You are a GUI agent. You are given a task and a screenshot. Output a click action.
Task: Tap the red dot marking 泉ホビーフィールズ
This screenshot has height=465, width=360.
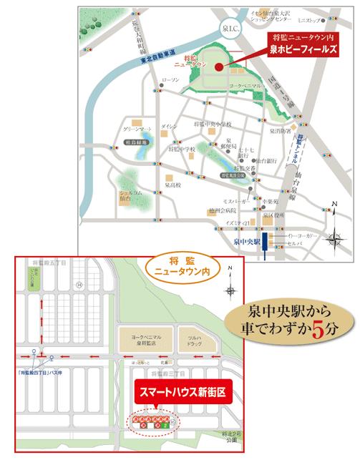218,67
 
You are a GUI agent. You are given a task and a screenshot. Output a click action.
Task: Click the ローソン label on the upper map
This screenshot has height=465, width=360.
170,79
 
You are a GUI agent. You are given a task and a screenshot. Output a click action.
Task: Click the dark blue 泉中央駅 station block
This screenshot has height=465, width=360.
265,242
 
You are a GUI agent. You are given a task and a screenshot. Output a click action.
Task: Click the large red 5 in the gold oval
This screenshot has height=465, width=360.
330,328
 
